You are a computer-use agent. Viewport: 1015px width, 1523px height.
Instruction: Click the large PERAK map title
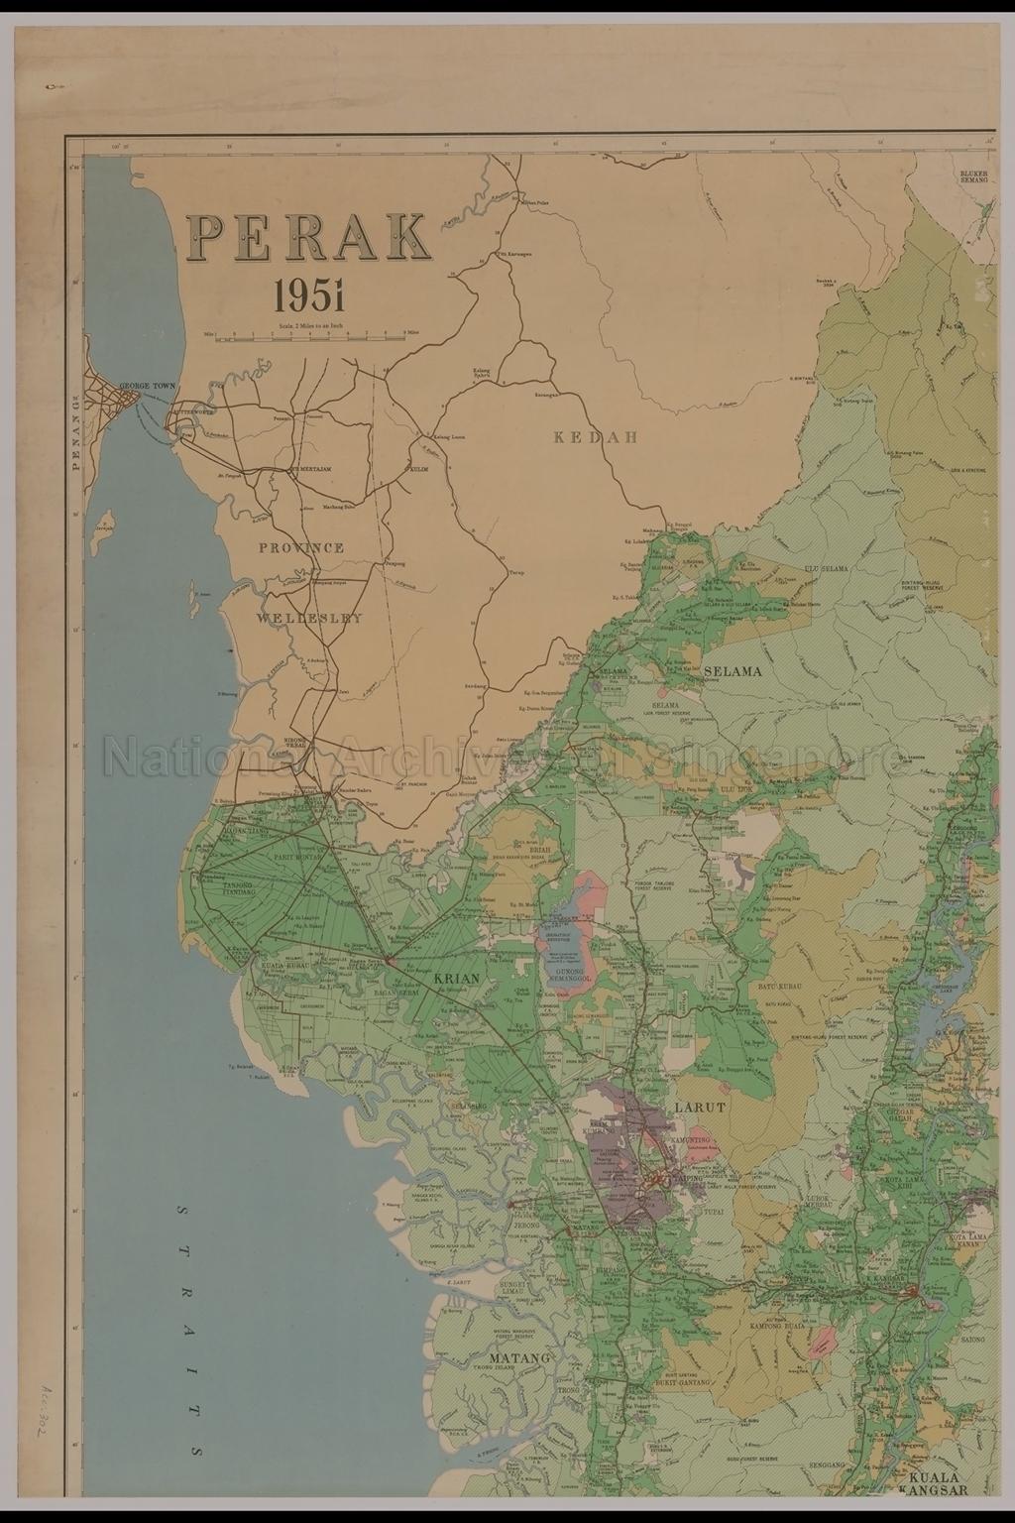tap(308, 236)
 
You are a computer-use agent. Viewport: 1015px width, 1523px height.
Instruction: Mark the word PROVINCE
tap(302, 547)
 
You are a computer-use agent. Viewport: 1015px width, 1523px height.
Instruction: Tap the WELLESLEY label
tap(308, 617)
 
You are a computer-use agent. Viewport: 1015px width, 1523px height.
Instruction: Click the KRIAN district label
tap(457, 979)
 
